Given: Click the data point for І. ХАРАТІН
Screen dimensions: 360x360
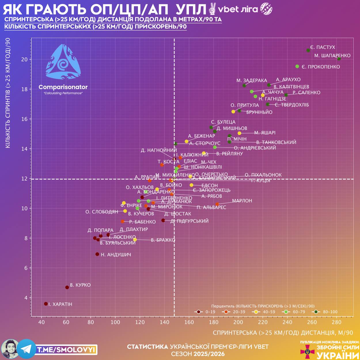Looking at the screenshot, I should click(46, 304).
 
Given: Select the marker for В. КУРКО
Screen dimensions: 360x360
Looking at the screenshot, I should click(67, 287).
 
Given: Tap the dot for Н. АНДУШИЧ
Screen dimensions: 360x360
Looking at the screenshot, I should click(97, 254).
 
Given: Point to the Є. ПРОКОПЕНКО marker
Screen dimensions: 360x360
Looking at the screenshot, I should click(297, 67).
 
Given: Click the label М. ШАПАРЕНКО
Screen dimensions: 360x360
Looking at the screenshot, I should click(332, 56).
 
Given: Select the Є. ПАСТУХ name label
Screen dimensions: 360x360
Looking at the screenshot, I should click(323, 47).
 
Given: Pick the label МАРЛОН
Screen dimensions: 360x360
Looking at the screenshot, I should click(242, 201).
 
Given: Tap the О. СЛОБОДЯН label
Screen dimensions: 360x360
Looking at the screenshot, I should click(102, 212).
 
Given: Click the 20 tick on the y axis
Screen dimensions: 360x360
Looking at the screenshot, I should click(24, 59).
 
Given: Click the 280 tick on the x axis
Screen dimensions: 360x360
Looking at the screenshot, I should click(337, 322).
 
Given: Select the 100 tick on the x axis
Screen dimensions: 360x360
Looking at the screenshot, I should click(115, 322).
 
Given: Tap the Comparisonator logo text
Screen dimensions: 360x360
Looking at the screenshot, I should click(63, 87).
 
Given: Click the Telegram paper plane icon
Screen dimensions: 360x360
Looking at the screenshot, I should click(26, 349).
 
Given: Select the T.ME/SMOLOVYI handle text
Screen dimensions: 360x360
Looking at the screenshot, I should click(66, 350).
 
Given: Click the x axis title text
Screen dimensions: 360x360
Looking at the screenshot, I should click(283, 333).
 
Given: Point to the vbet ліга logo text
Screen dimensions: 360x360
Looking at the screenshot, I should click(238, 9).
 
